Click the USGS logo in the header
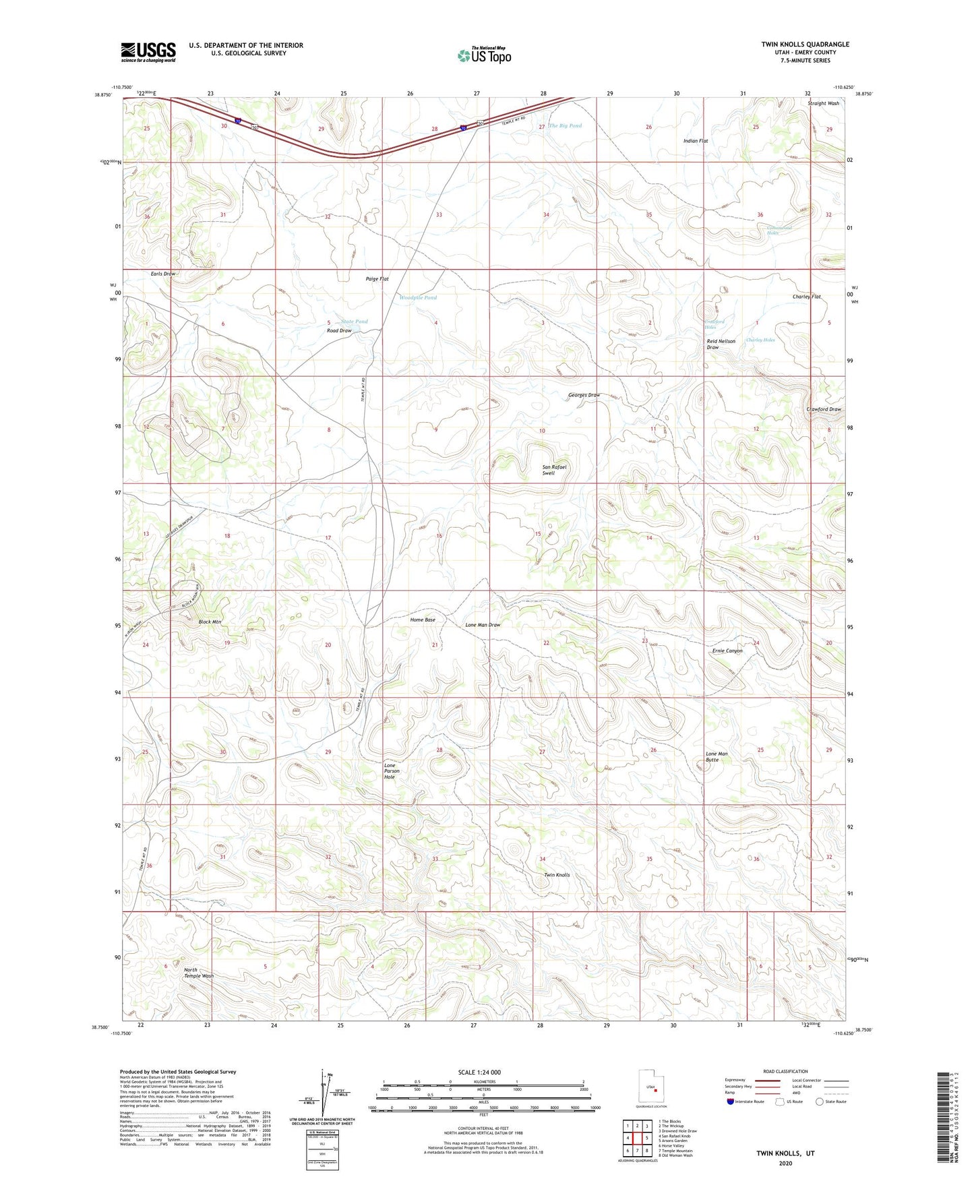[x=148, y=51]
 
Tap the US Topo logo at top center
[x=484, y=55]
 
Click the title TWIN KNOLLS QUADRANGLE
[x=805, y=44]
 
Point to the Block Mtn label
[x=210, y=622]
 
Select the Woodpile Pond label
[x=418, y=297]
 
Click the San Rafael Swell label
[x=554, y=470]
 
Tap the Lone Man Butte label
[x=717, y=756]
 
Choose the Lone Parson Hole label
[x=392, y=771]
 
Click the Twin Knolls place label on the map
[x=557, y=875]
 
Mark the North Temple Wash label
[x=199, y=973]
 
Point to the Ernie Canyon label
[x=727, y=651]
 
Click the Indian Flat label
[x=696, y=141]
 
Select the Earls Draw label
[x=162, y=274]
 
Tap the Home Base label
[x=423, y=620]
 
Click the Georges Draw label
[x=584, y=395]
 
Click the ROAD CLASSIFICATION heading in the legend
[x=785, y=1071]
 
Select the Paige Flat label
[x=377, y=278]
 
